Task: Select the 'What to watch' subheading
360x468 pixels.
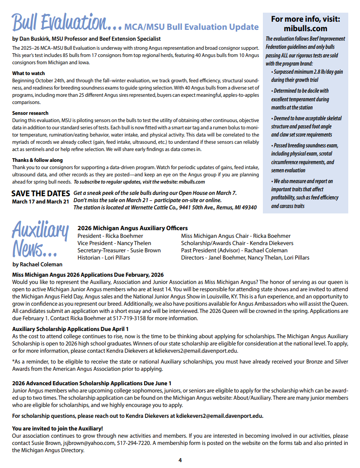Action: [x=28, y=73]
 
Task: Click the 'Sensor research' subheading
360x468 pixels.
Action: [x=30, y=113]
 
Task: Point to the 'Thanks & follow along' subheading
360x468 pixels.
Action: [x=37, y=160]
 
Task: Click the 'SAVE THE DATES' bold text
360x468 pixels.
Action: [x=41, y=193]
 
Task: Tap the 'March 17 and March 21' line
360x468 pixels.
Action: [x=41, y=201]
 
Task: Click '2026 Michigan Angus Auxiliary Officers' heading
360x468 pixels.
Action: [x=133, y=228]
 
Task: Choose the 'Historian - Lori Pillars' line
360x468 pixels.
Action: [x=104, y=257]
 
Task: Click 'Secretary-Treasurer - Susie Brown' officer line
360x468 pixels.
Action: [x=119, y=250]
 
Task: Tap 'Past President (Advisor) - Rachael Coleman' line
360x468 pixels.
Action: [x=234, y=250]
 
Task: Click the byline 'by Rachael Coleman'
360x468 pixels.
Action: [x=37, y=264]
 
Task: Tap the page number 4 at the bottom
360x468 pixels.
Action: [x=180, y=460]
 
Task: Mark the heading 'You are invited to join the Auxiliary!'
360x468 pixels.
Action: [x=57, y=428]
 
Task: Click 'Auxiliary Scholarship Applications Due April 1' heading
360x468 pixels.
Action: [x=70, y=329]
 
